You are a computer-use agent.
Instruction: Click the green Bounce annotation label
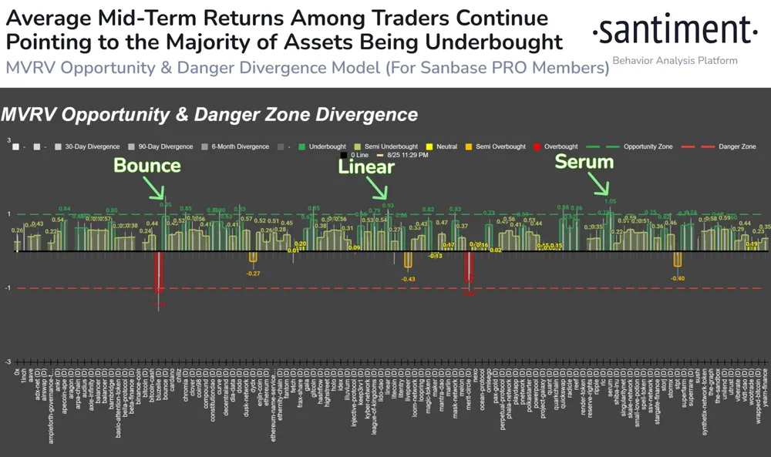pyautogui.click(x=147, y=165)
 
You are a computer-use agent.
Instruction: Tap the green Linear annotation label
pyautogui.click(x=367, y=166)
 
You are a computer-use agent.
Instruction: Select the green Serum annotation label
pyautogui.click(x=584, y=162)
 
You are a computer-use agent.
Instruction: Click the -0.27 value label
pyautogui.click(x=253, y=274)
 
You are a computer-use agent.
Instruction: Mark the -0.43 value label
pyautogui.click(x=408, y=279)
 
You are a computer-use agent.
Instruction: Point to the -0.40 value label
pyautogui.click(x=678, y=278)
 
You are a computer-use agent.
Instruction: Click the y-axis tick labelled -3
pyautogui.click(x=8, y=361)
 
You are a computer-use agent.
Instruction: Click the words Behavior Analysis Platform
pyautogui.click(x=675, y=60)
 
